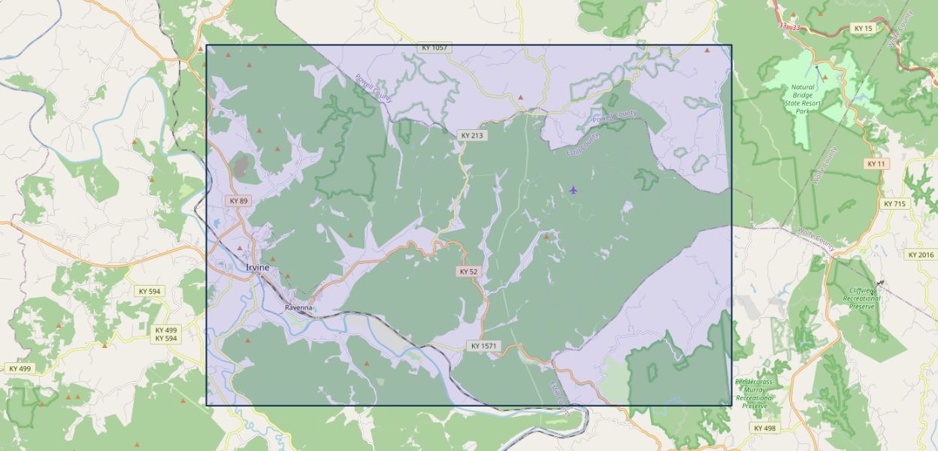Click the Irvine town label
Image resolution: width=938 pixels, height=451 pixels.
pos(257,268)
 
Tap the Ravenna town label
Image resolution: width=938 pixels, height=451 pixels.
pos(298,308)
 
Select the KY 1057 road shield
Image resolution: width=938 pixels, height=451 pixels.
pos(434,47)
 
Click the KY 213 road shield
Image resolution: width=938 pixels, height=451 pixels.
pos(472,135)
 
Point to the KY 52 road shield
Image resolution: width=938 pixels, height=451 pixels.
pos(468,271)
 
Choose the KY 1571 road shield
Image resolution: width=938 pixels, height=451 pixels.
pos(484,346)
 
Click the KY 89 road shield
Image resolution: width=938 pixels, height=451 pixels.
pos(239,201)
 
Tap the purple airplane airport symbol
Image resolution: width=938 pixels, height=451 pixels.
pos(573,189)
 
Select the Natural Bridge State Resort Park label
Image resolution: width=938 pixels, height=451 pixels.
pos(802,98)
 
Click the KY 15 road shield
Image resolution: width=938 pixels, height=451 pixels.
pos(864,29)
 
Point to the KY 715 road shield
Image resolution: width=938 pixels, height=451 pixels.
pos(894,204)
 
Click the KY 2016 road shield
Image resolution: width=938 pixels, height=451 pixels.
pos(921,255)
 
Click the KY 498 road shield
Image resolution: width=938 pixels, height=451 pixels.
pos(764,428)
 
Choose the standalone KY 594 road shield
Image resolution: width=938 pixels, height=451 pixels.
pos(149,291)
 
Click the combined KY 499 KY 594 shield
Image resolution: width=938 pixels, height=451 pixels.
pos(166,334)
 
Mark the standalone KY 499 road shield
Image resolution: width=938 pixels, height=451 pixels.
pos(20,368)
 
